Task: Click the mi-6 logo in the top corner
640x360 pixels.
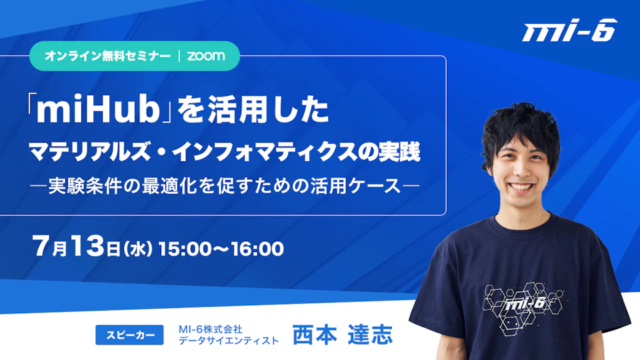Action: click(x=570, y=30)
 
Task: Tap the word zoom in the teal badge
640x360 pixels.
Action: click(x=206, y=55)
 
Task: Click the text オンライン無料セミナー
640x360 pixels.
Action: click(x=108, y=56)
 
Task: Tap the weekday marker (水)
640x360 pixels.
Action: click(x=138, y=249)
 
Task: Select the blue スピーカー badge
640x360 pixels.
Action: click(x=129, y=335)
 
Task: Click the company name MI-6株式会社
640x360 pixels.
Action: click(x=210, y=329)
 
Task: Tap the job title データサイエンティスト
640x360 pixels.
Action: click(x=229, y=341)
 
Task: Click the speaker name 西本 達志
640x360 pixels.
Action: click(x=343, y=335)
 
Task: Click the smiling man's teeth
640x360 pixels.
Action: click(x=521, y=187)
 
